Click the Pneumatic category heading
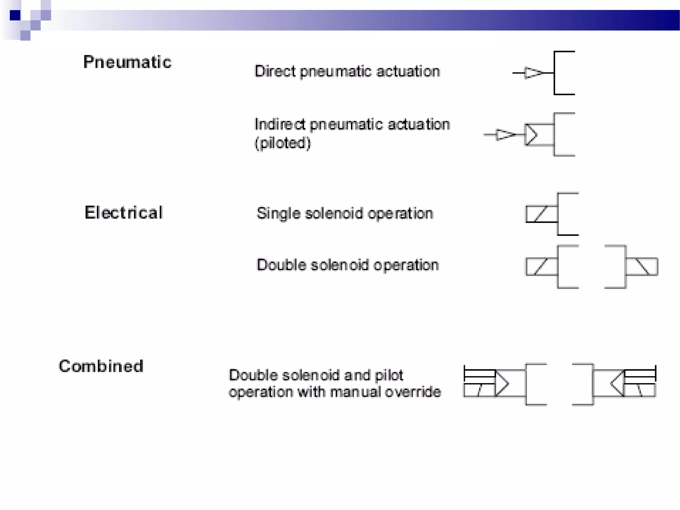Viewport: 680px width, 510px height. (x=127, y=62)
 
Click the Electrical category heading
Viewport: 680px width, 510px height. (x=124, y=212)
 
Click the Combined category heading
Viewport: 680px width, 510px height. (x=101, y=366)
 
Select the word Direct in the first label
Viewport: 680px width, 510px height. (x=275, y=71)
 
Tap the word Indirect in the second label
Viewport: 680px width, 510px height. (x=280, y=125)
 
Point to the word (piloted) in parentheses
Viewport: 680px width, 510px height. (x=283, y=143)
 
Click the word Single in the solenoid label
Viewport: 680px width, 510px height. (x=278, y=213)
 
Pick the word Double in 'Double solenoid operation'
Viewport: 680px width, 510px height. (x=282, y=265)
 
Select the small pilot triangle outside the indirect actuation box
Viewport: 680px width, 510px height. (x=505, y=134)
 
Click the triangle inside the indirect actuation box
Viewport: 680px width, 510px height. (x=531, y=134)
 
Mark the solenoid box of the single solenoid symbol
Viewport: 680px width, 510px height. (x=542, y=214)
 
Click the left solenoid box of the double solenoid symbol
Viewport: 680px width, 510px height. (x=542, y=267)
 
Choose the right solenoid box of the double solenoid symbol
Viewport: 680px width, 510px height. (x=641, y=267)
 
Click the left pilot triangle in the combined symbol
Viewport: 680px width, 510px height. (x=502, y=384)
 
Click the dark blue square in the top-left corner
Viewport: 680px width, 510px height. (x=15, y=15)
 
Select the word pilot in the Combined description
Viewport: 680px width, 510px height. (x=389, y=375)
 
